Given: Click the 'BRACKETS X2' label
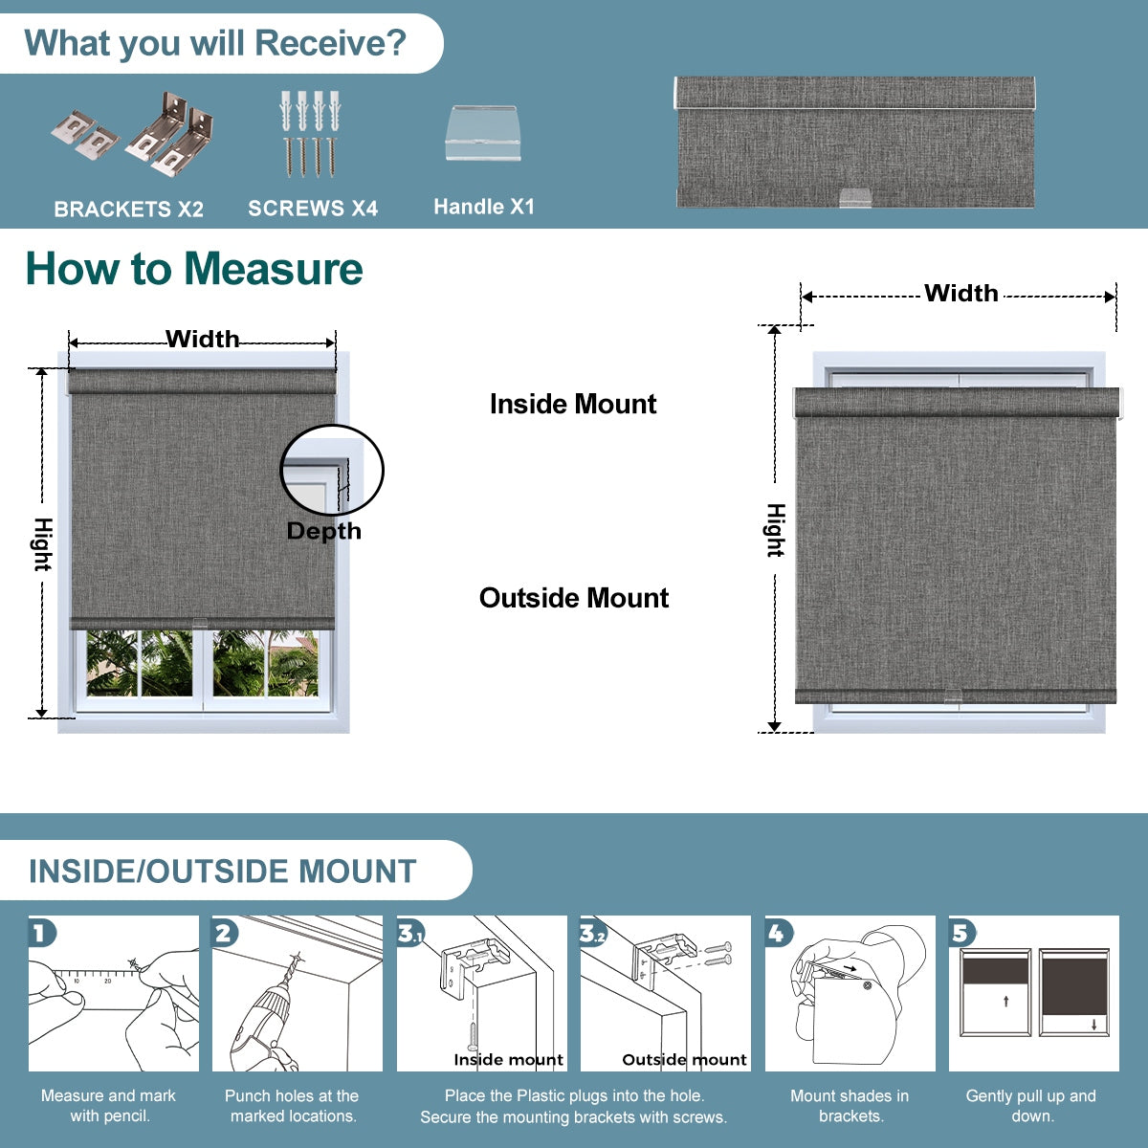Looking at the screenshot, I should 128,210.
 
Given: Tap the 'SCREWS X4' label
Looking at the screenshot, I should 313,209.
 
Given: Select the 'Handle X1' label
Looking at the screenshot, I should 483,207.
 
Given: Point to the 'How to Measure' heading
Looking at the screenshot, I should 194,269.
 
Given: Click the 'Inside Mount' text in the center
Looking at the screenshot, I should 572,404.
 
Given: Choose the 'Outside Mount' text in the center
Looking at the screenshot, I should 573,598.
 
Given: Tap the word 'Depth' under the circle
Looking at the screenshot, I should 323,531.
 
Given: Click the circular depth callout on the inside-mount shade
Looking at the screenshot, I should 331,470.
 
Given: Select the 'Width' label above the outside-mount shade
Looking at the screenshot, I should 960,294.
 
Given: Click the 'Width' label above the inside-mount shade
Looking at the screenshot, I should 202,339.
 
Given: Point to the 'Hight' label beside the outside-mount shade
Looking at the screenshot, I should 775,530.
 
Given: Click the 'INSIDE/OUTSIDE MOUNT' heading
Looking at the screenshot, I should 223,872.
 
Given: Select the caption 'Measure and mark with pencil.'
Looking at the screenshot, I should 108,1106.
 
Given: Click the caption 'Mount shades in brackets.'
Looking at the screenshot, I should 850,1106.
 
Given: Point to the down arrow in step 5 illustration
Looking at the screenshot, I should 1093,1025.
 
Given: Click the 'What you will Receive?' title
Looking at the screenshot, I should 215,43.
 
